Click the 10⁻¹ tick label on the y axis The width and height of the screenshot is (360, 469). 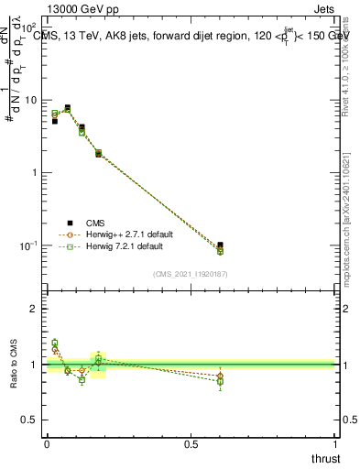29,245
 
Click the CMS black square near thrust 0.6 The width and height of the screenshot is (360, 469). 220,245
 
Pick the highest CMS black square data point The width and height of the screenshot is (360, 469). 67,107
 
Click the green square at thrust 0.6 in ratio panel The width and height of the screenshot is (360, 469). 220,381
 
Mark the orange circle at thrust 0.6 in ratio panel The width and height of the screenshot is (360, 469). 220,376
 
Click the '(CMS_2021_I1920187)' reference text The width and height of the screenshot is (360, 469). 191,273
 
